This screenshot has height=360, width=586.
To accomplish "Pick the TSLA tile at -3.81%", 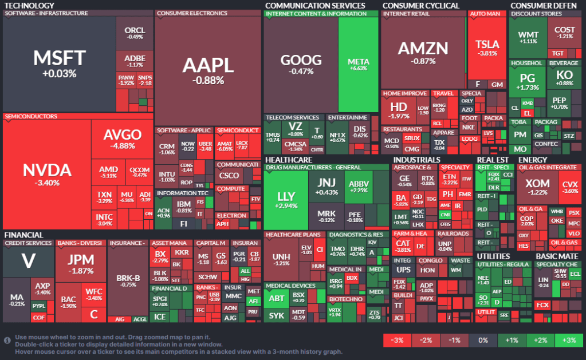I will click(487, 48).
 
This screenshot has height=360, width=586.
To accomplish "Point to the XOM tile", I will click(537, 187).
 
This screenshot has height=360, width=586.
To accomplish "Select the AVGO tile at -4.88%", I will click(122, 139).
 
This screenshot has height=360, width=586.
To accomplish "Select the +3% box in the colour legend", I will click(569, 340).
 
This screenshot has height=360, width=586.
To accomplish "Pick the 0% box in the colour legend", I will click(483, 340).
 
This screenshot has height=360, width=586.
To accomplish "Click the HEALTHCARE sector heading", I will click(288, 160).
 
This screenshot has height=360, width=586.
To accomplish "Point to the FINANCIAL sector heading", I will click(23, 235).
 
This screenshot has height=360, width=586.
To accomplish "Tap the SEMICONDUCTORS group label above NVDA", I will click(31, 116).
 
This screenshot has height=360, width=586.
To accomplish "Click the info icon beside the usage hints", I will click(7, 341).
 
